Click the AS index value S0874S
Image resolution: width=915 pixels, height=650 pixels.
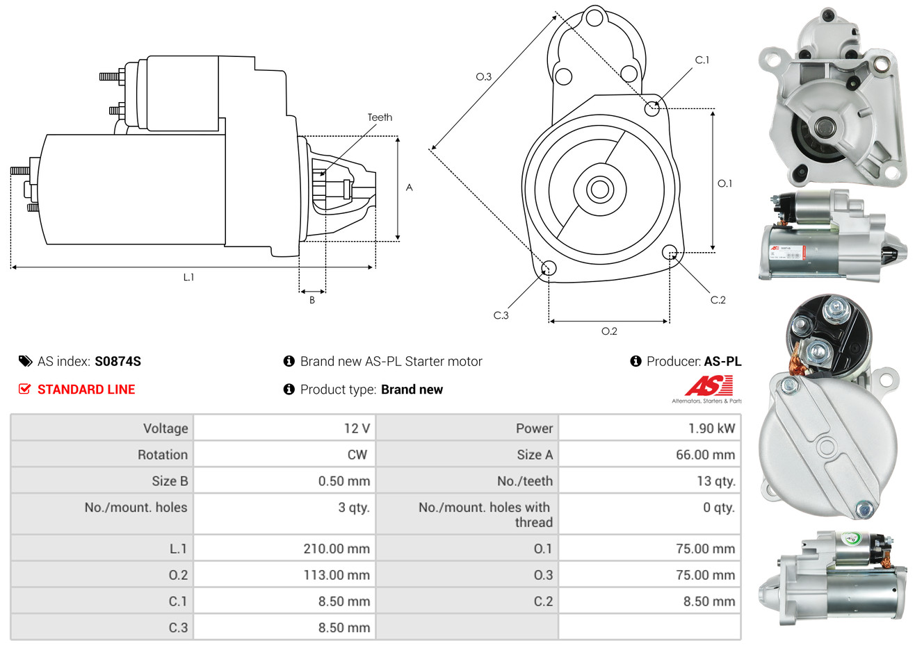[118, 361]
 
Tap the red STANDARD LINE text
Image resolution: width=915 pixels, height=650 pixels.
[86, 390]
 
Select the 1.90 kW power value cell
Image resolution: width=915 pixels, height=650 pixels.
[711, 428]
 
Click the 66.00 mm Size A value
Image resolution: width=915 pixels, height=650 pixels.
[705, 455]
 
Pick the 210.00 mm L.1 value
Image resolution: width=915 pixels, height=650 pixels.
[337, 549]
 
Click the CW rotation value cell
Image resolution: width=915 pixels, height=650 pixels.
[357, 455]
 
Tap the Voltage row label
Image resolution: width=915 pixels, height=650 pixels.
[165, 428]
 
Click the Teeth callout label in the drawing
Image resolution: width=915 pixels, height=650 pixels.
[380, 117]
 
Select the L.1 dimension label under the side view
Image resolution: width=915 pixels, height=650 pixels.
[188, 277]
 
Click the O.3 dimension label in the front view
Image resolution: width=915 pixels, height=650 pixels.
[483, 77]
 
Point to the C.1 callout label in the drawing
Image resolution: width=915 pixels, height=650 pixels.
[702, 60]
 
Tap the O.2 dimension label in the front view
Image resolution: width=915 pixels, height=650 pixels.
[609, 331]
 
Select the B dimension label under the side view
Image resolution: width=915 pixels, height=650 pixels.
[312, 300]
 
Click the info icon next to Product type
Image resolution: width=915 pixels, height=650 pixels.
[289, 390]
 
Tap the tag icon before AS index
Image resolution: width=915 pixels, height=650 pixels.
[26, 361]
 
